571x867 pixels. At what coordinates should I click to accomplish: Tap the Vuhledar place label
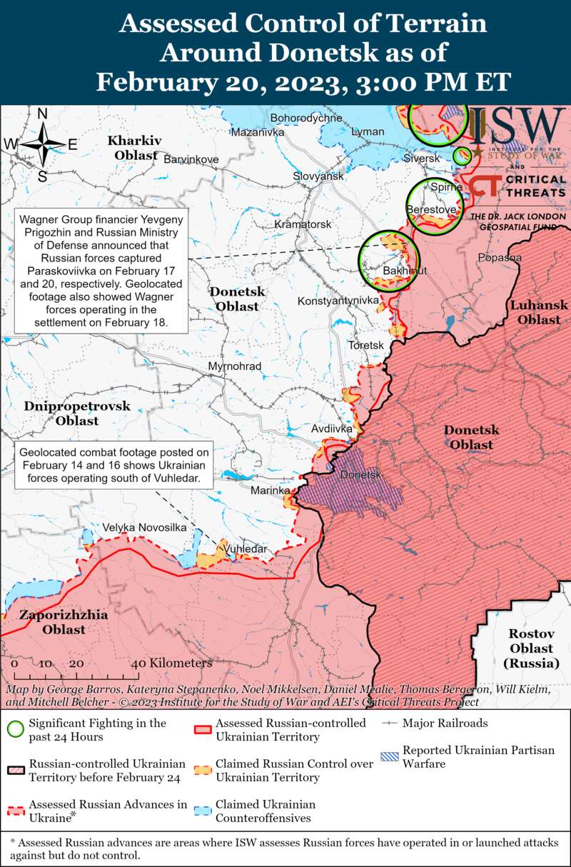coord(246,549)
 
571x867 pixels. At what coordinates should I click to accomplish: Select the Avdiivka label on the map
coord(332,429)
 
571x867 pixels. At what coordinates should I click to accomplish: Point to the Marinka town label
coord(270,491)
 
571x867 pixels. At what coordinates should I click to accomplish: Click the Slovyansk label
coord(318,176)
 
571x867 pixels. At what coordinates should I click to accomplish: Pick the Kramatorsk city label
coord(303,224)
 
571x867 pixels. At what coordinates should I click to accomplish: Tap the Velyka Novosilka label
coord(144,527)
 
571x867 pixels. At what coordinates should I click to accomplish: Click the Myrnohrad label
coord(235,366)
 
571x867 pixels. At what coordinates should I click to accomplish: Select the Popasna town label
coord(500,257)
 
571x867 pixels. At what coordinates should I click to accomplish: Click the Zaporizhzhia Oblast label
coord(64,622)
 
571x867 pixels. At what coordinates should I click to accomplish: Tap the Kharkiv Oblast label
coord(135,147)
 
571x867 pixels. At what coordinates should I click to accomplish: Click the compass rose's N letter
coord(42,114)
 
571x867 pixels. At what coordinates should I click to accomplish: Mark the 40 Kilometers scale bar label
coord(172,663)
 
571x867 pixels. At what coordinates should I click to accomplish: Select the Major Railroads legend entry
coord(445,723)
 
